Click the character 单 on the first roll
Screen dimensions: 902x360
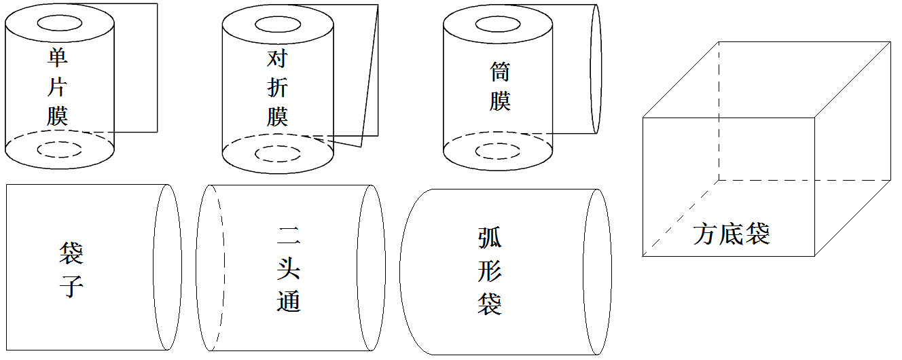pos(58,57)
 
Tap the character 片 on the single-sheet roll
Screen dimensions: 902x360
pos(57,86)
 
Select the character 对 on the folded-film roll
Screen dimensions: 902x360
pos(277,58)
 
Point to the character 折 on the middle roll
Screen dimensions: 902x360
pos(277,88)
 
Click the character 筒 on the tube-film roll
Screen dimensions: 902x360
pos(500,71)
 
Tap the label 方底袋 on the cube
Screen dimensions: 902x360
pos(732,234)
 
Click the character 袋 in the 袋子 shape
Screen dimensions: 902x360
pos(71,253)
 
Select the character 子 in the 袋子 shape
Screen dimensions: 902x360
pos(71,287)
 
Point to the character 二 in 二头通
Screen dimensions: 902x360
pos(288,236)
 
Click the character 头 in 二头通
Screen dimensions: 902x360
pos(288,268)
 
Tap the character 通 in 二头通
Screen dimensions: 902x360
pos(288,301)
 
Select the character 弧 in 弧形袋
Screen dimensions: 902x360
pos(490,238)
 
